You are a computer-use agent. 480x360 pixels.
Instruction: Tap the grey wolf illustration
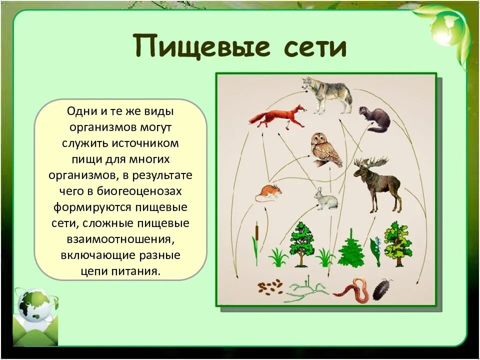(327, 94)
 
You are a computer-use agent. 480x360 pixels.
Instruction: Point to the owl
(325, 149)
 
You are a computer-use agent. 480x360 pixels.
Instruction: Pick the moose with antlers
(376, 182)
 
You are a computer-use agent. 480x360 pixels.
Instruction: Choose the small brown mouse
(268, 193)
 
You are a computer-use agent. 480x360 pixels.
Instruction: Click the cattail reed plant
(255, 243)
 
